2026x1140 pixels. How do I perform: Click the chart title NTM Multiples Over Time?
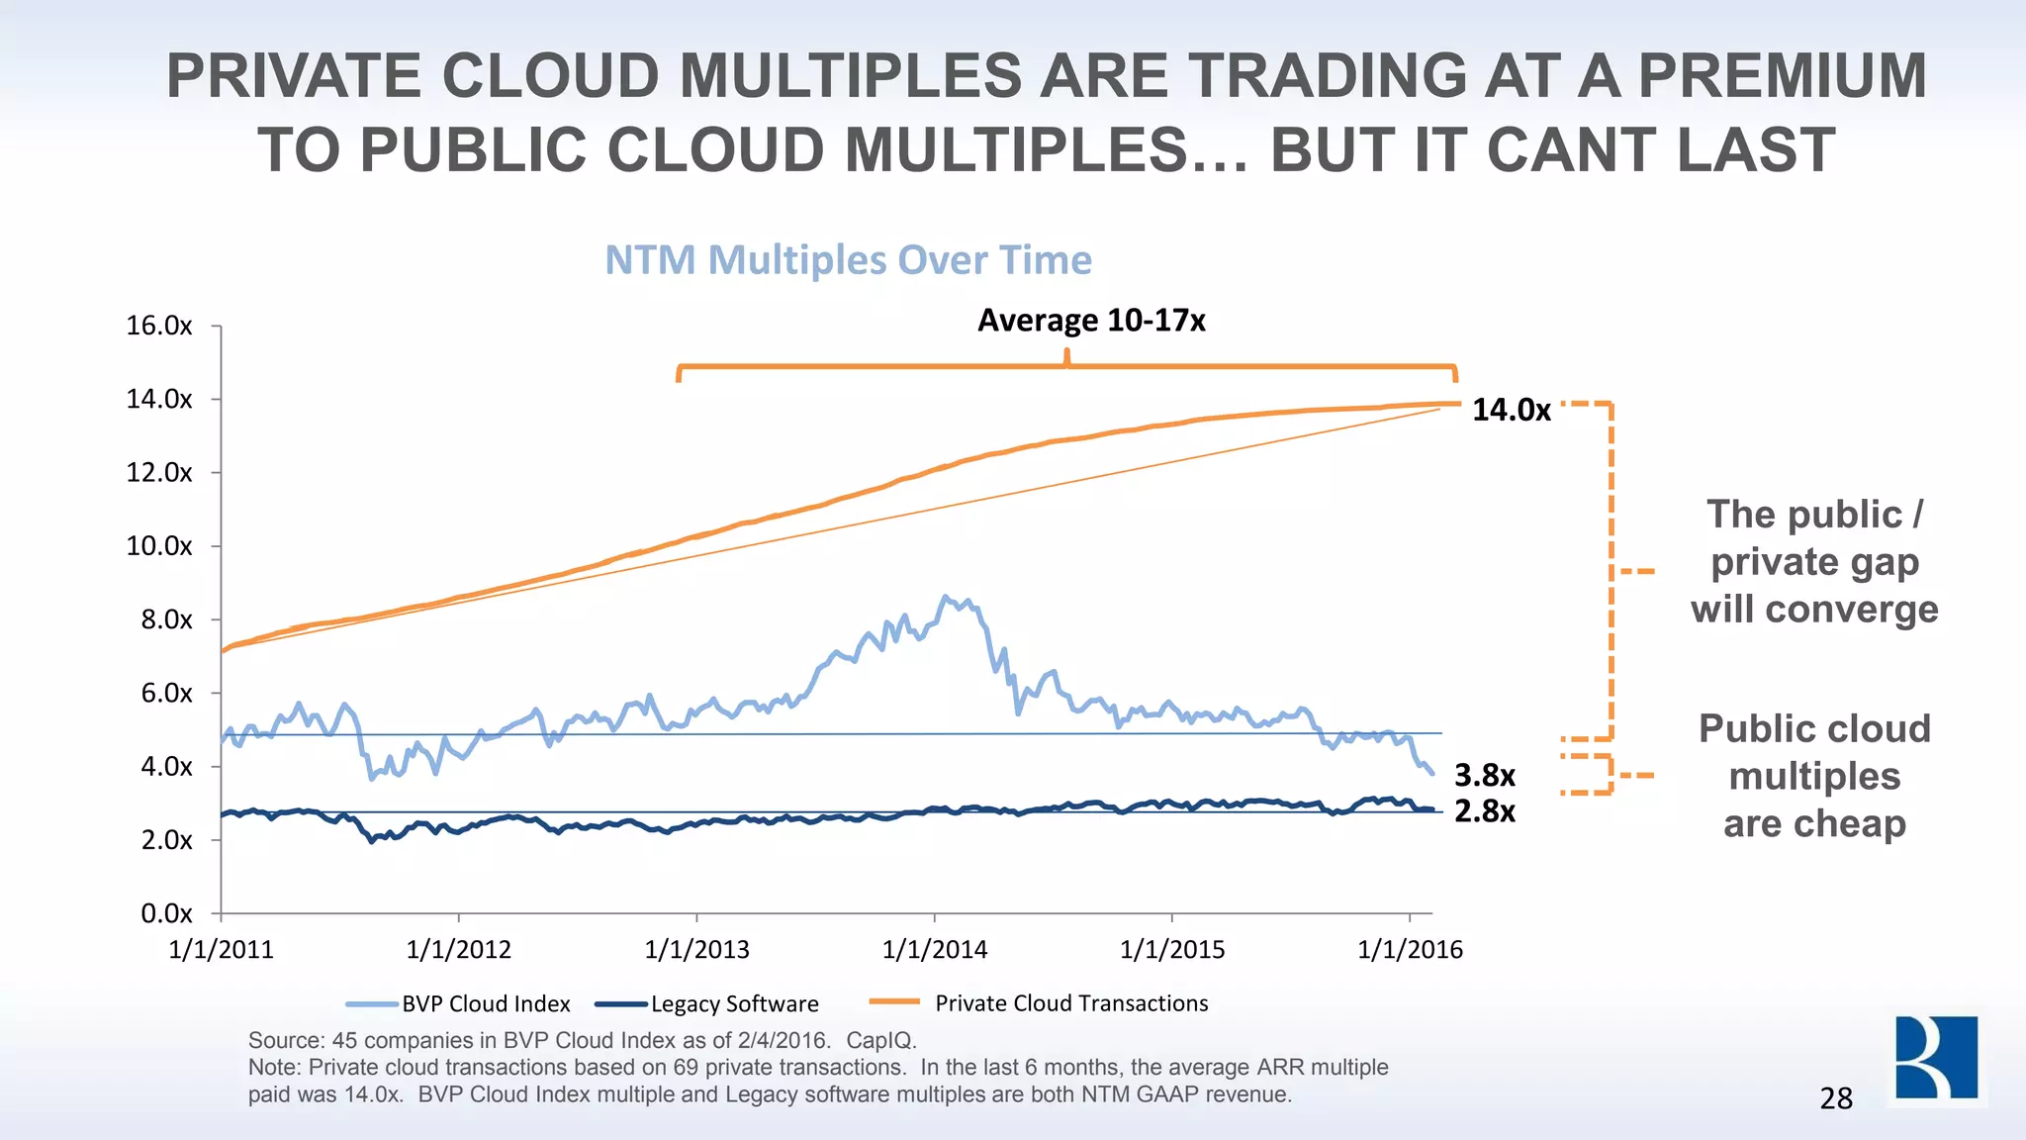click(848, 260)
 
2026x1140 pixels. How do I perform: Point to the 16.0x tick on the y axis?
click(159, 326)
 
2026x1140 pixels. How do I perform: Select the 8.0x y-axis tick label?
click(159, 619)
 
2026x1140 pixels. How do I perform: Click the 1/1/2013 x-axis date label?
click(696, 950)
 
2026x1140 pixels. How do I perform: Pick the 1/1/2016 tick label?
click(1410, 950)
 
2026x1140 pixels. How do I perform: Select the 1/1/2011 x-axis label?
click(221, 950)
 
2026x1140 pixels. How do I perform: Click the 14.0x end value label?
click(1512, 410)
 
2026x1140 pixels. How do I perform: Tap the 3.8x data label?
click(1484, 775)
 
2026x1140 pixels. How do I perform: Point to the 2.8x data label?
click(1484, 811)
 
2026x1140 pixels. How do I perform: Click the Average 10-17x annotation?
click(1091, 321)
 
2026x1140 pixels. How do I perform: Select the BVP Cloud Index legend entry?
click(485, 1003)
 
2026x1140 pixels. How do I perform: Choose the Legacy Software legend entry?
click(734, 1003)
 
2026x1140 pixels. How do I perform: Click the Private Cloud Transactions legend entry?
click(1070, 1003)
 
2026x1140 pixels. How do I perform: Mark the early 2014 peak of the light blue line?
click(945, 597)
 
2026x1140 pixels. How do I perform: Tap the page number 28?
click(1836, 1098)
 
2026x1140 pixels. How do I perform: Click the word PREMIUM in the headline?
click(1783, 76)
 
